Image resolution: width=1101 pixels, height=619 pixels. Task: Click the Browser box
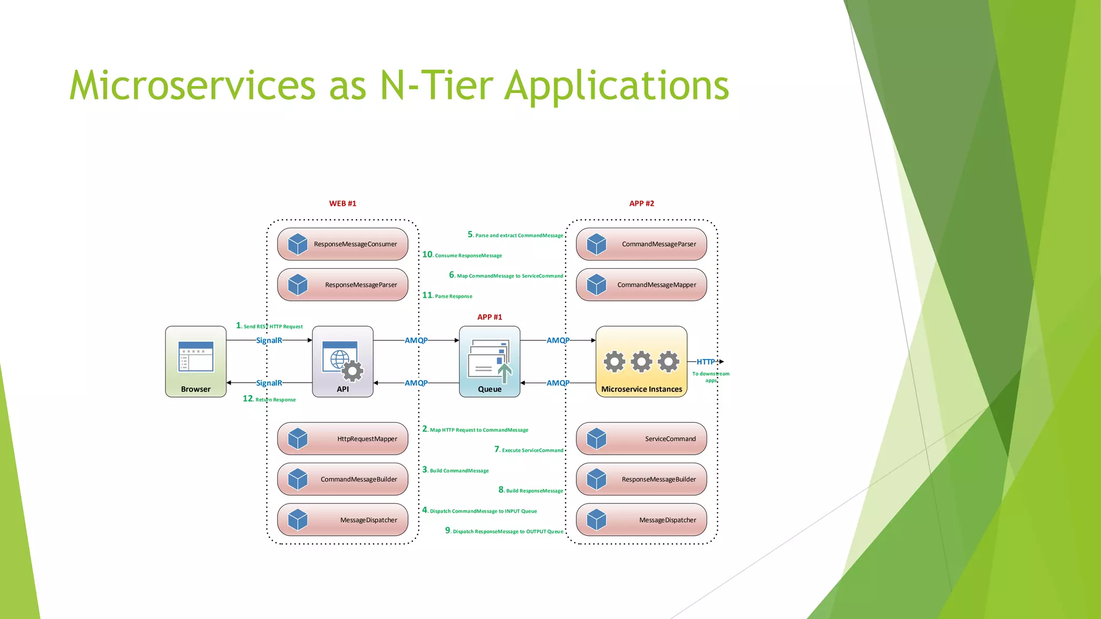[x=196, y=361]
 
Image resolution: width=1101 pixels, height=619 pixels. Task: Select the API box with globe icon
[x=342, y=361]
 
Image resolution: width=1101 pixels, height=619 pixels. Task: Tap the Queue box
[x=489, y=361]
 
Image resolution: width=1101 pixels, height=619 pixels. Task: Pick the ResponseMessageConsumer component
[x=342, y=244]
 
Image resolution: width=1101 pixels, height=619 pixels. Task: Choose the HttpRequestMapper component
[x=342, y=438]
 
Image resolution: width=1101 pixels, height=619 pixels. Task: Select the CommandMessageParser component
[x=641, y=244]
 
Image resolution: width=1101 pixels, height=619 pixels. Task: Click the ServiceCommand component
[x=641, y=438]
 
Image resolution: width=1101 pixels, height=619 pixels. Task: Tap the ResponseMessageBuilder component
[x=641, y=479]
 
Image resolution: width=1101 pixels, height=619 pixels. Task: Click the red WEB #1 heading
[x=342, y=204]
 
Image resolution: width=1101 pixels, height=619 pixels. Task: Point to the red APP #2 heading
[x=641, y=204]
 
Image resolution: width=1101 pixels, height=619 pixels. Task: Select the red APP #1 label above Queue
[x=489, y=317]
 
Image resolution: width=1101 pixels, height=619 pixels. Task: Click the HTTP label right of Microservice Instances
[x=705, y=362]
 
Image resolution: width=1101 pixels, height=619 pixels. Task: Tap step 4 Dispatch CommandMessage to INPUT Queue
[x=480, y=510]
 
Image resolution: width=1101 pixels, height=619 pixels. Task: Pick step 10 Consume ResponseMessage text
[x=462, y=255]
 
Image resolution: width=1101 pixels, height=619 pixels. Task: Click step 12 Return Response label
[x=269, y=399]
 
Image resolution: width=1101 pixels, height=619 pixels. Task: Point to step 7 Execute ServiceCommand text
[x=529, y=450]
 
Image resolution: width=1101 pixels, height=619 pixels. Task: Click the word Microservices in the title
[x=192, y=86]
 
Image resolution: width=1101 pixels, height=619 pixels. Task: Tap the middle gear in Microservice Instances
[x=641, y=362]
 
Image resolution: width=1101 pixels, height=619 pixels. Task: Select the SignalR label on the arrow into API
[x=269, y=340]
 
